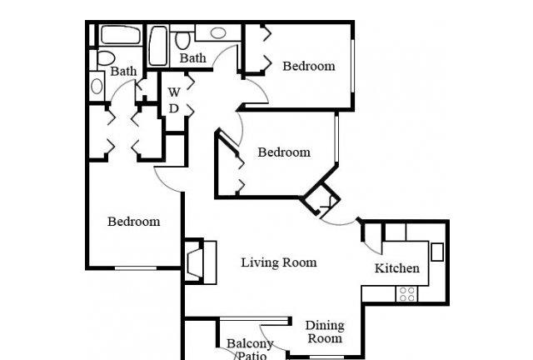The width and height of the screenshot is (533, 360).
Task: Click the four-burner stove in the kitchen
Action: pos(407,294)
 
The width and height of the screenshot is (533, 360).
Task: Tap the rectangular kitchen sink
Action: pos(437,252)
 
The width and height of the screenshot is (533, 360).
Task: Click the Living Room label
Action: pos(279,262)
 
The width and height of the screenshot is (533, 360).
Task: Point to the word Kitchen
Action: pos(397,268)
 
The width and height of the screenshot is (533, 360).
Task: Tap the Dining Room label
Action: pos(325,332)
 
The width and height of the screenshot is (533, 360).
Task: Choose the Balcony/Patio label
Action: pos(250,350)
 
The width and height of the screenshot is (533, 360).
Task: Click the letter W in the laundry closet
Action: pos(174,92)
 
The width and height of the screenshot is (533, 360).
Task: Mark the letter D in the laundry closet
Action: pos(174,108)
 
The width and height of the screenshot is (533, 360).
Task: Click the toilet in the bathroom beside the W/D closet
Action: pos(183,40)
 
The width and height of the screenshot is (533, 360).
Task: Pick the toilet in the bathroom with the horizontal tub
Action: pos(106,58)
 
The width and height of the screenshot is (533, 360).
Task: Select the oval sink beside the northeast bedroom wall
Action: pos(218,33)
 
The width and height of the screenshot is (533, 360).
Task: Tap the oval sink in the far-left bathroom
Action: pos(97,86)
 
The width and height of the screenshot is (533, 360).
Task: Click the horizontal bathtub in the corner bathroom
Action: pos(121,35)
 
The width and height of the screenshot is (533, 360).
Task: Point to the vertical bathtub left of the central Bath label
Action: pos(158,47)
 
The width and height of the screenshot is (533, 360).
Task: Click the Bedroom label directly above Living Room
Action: pos(284,152)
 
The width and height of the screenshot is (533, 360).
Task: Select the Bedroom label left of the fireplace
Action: pos(134,222)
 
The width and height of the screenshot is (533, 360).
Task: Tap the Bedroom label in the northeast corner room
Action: pos(309,66)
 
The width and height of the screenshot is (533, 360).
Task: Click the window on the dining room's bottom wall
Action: pos(326,357)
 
